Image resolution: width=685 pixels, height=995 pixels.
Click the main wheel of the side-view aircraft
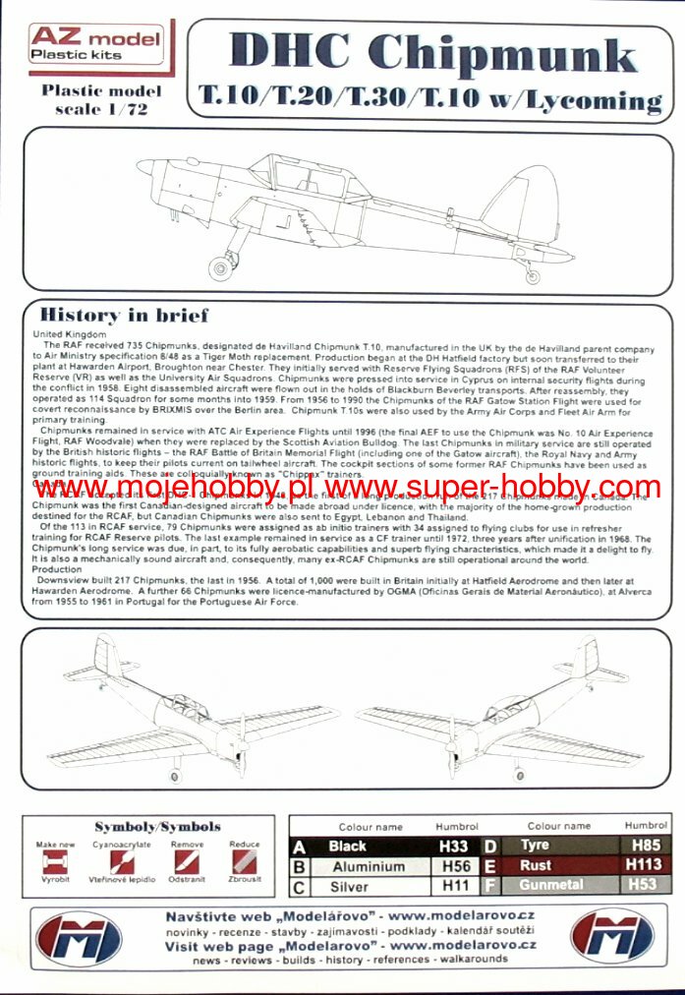point(222,265)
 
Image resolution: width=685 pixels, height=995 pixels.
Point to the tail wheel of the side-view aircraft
point(533,277)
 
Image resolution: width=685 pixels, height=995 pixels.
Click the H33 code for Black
point(455,846)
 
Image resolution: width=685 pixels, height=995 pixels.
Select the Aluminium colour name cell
point(369,866)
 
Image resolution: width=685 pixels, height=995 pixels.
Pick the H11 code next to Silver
point(455,886)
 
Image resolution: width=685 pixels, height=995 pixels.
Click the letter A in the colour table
point(300,846)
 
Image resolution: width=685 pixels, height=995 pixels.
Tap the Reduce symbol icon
point(244,864)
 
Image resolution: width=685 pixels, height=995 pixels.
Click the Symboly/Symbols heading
point(157,827)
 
